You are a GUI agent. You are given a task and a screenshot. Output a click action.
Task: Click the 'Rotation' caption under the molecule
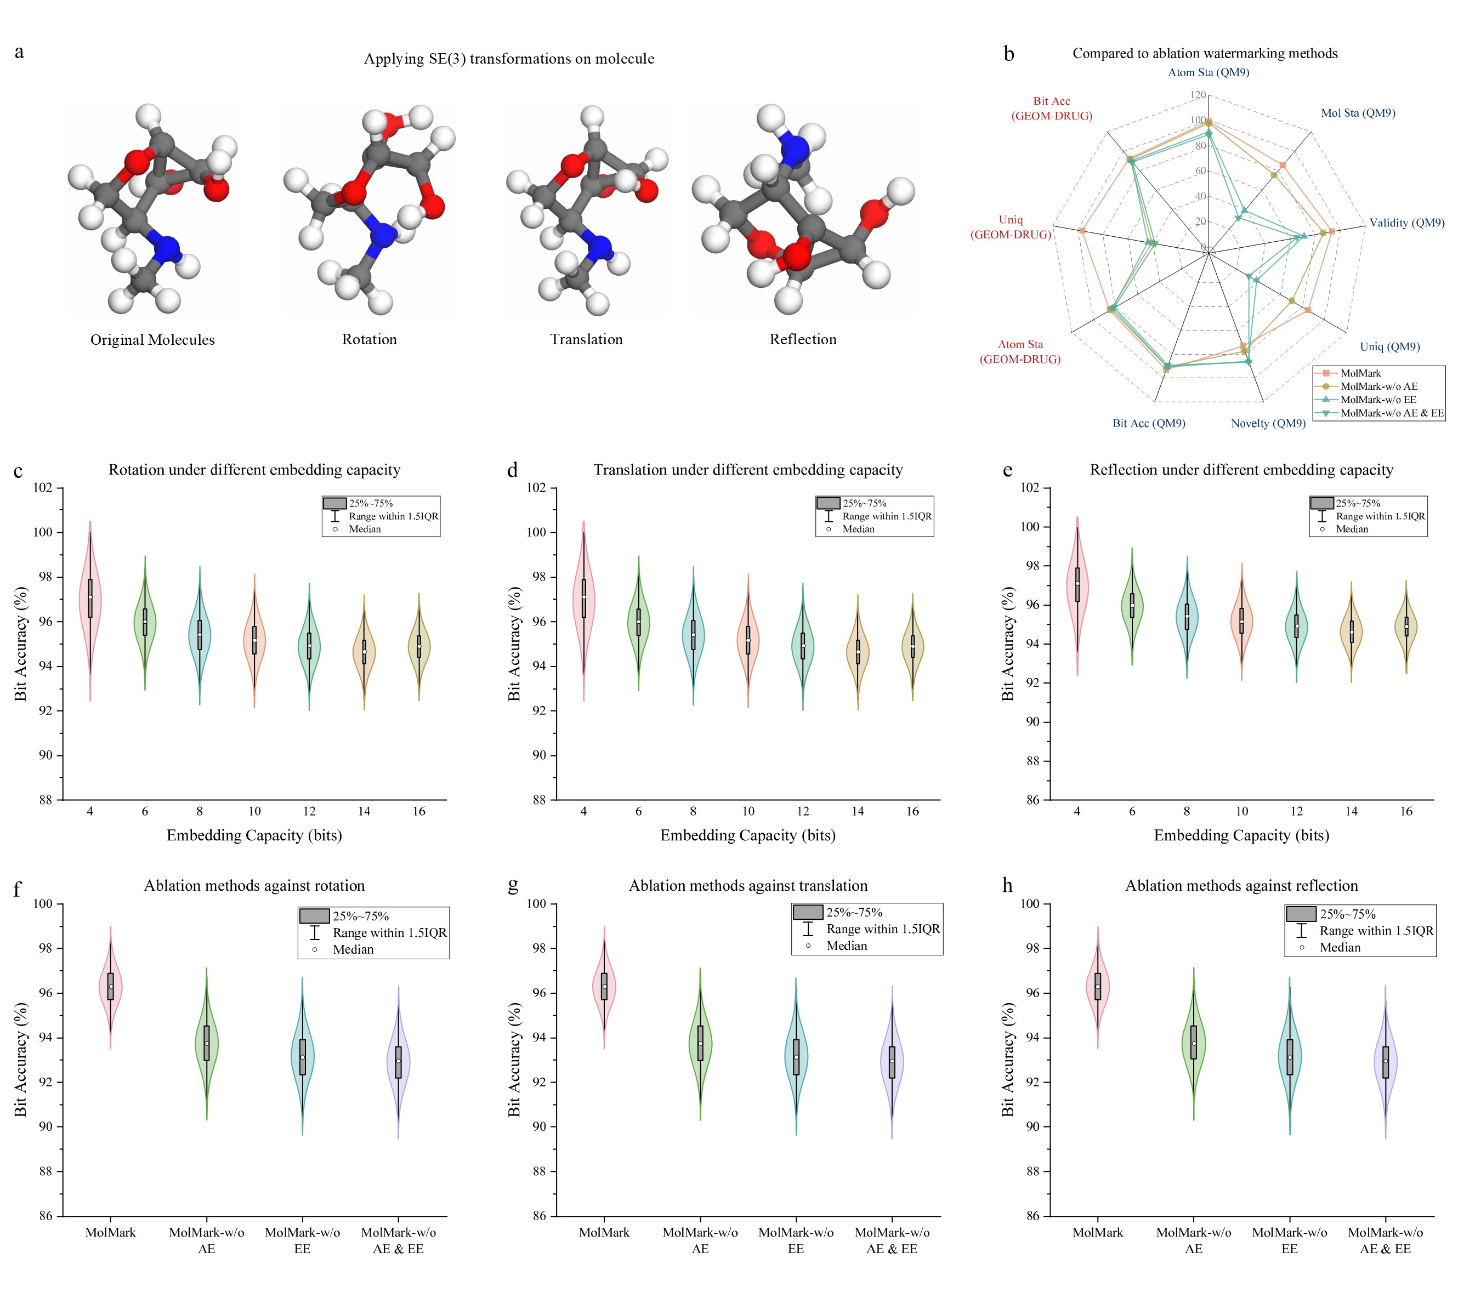click(x=369, y=339)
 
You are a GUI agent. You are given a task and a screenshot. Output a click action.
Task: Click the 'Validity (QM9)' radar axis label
click(x=1406, y=223)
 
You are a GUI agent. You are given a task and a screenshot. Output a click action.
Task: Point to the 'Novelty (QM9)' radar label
click(x=1268, y=423)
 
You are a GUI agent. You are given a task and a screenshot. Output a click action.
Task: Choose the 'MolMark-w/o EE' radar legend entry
click(x=1378, y=400)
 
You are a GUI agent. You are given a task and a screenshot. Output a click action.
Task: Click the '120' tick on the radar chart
click(x=1198, y=95)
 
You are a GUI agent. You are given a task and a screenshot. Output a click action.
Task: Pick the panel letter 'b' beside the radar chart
click(x=1008, y=54)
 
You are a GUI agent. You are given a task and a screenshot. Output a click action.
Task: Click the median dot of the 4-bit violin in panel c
click(x=90, y=597)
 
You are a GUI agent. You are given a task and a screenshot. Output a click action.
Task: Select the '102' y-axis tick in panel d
click(x=536, y=488)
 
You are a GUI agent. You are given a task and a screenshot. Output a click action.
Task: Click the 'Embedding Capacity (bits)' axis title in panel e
click(x=1241, y=835)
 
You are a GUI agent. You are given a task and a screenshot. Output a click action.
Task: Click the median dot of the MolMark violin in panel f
click(x=111, y=986)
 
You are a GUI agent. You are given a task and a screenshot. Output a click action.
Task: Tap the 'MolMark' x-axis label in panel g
click(x=604, y=1232)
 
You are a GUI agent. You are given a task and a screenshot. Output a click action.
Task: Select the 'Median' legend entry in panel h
click(x=1340, y=947)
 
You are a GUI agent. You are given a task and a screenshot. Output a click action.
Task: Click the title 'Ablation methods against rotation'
click(x=254, y=885)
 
